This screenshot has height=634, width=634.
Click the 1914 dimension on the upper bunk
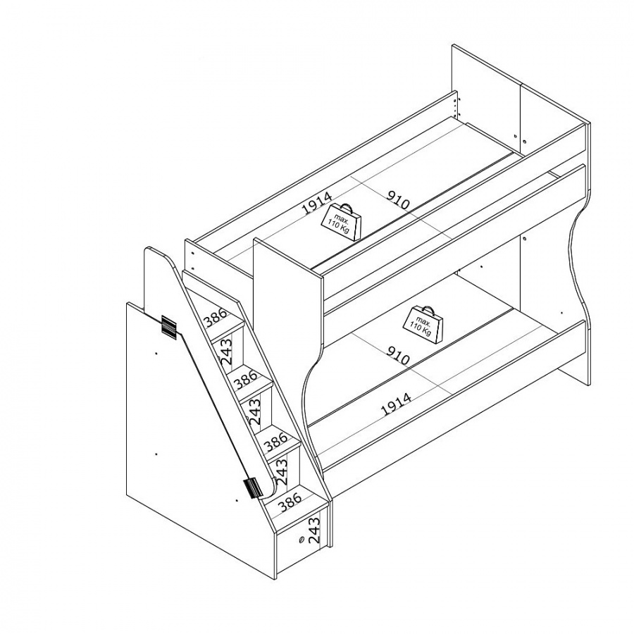(x=318, y=203)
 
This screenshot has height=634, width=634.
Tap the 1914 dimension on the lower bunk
(x=397, y=404)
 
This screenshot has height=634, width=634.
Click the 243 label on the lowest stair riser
(x=313, y=530)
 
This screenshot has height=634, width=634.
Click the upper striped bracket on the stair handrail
(x=169, y=325)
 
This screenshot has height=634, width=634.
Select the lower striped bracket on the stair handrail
(x=252, y=487)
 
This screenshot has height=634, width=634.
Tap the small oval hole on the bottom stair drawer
(x=302, y=540)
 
